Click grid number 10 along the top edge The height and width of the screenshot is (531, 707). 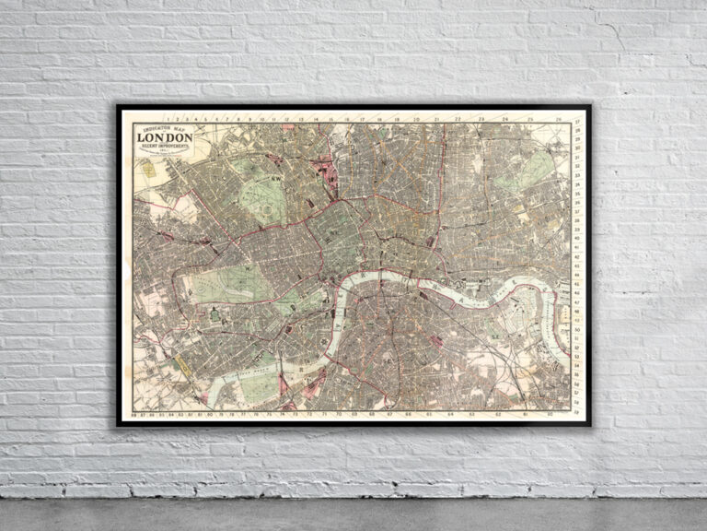261,120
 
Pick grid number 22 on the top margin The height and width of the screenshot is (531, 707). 458,120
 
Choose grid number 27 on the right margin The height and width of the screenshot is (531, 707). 577,123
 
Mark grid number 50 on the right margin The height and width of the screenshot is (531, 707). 577,343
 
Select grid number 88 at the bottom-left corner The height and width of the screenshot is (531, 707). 135,414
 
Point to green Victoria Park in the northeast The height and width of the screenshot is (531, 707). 529,171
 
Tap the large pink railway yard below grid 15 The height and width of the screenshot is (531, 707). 324,171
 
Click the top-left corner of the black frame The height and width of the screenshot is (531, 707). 118,106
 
